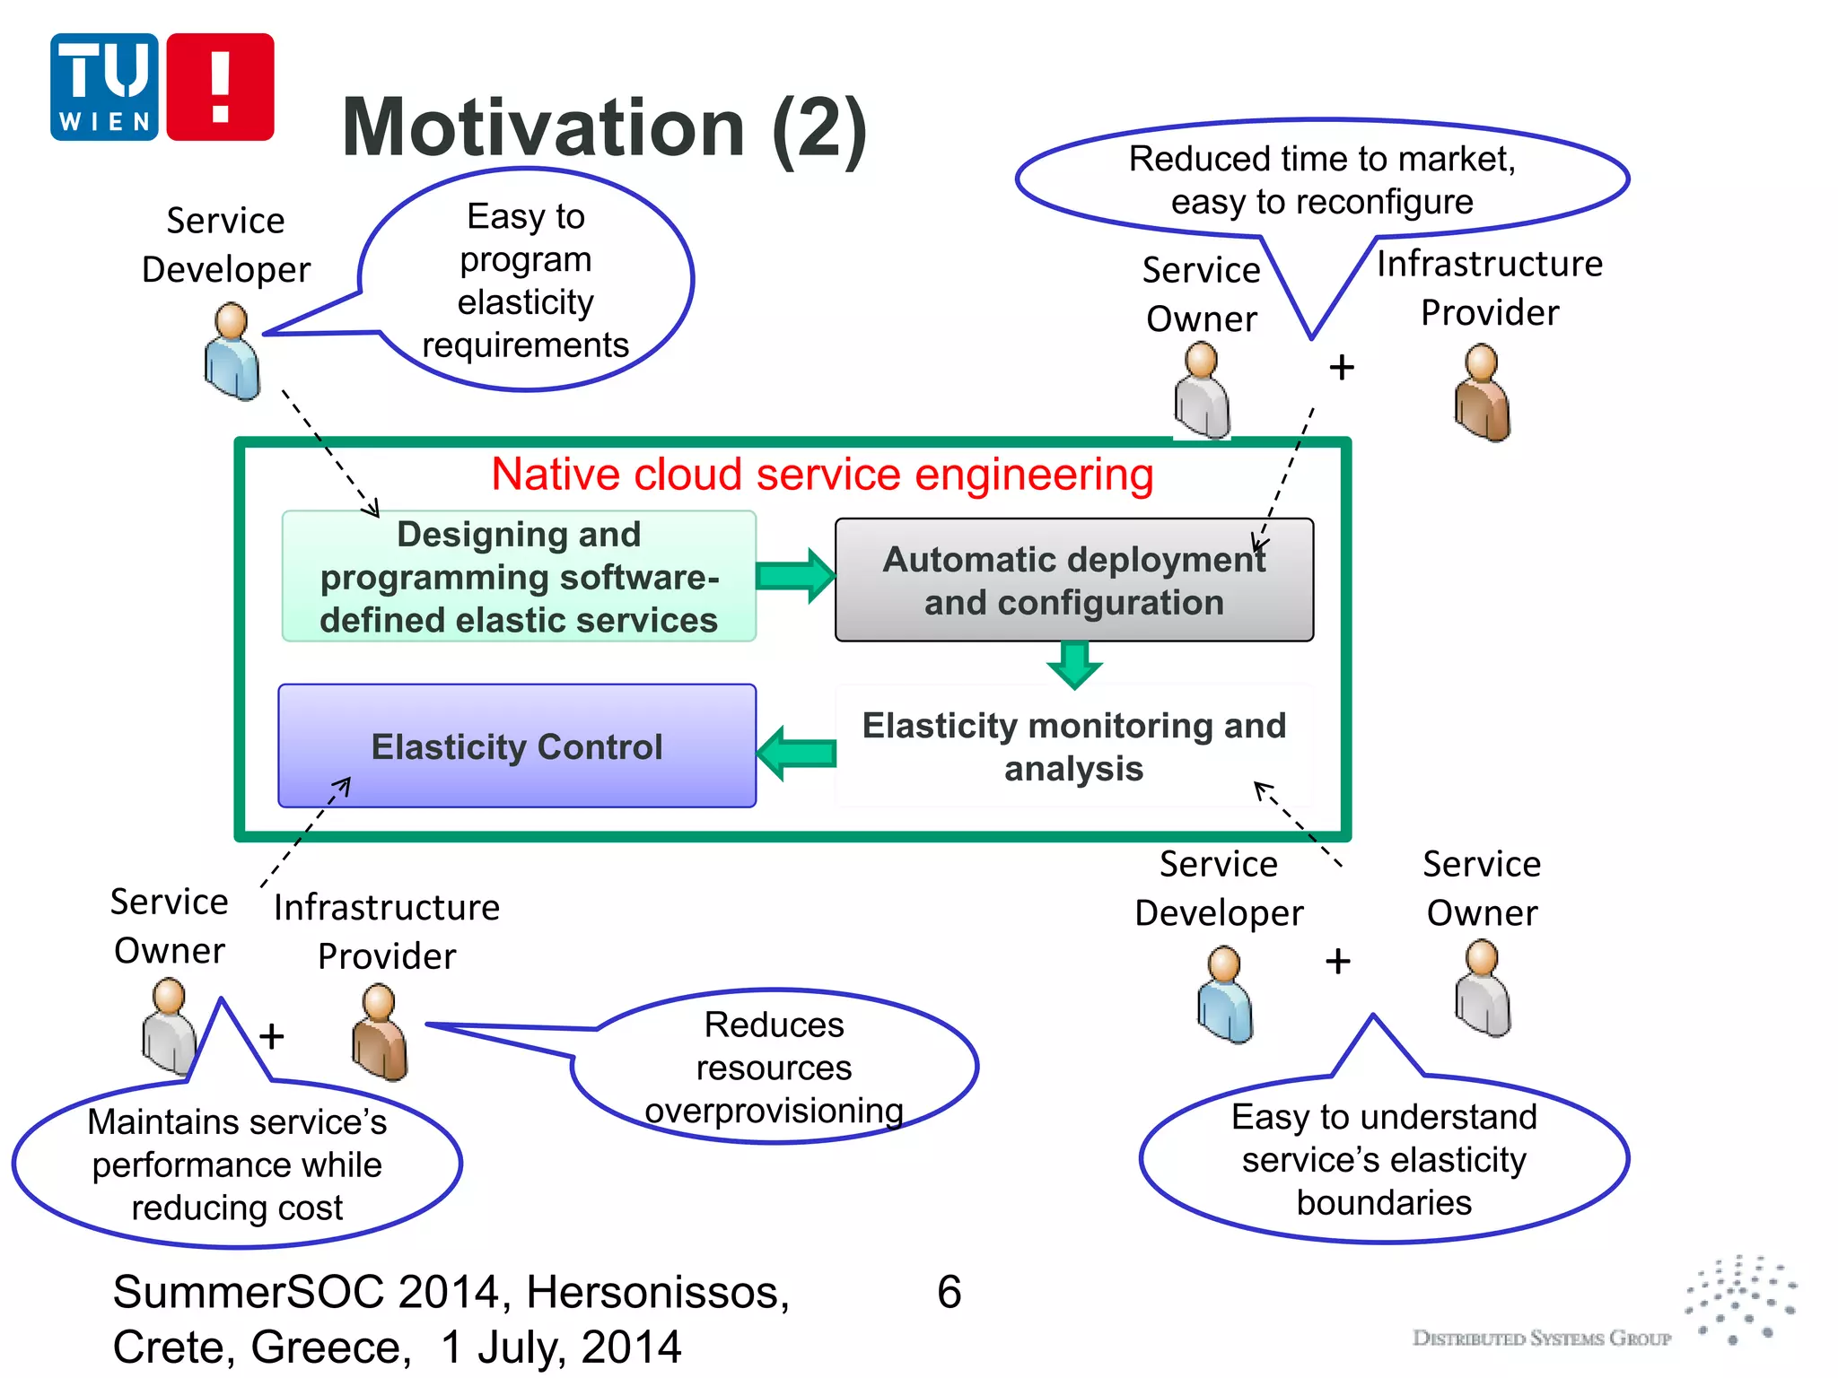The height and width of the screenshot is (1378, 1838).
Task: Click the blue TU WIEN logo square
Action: [x=104, y=87]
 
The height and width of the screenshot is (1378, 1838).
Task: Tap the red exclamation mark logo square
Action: [x=220, y=87]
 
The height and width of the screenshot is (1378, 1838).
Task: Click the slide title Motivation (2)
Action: [x=604, y=128]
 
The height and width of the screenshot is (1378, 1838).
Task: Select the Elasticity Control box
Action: [x=517, y=746]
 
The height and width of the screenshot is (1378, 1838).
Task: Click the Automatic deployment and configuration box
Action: [x=1073, y=580]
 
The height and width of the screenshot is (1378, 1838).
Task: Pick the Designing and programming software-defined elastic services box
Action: [x=519, y=577]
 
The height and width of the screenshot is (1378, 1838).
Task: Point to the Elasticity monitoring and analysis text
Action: [x=1073, y=746]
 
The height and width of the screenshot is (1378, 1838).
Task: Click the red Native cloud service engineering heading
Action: [x=822, y=474]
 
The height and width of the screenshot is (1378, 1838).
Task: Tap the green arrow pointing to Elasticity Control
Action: [x=797, y=753]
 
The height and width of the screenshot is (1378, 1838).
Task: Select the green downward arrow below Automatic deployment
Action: [x=1074, y=665]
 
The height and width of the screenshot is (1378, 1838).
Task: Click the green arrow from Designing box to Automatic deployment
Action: [x=795, y=575]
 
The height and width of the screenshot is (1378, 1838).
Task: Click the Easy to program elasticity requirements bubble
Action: [x=525, y=280]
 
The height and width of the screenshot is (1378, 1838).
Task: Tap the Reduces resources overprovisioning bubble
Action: [x=774, y=1067]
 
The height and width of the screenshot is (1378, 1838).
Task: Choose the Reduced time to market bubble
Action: [x=1321, y=179]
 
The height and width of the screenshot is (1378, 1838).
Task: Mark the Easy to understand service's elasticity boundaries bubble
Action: [x=1383, y=1159]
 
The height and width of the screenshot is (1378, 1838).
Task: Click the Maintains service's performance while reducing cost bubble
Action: [x=237, y=1164]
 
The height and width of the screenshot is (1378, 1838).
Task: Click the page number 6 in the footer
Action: [x=949, y=1292]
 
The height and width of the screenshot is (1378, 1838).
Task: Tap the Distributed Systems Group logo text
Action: [x=1541, y=1338]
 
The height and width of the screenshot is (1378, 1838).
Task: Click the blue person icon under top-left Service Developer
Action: [x=232, y=352]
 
